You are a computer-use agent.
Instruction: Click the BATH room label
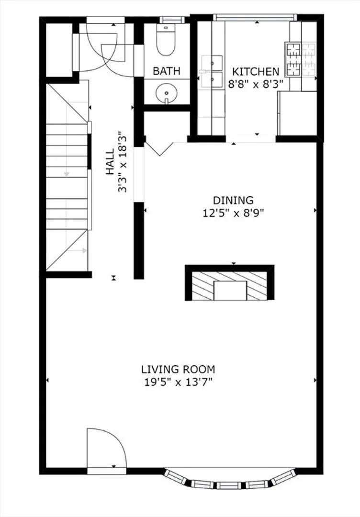[x=167, y=71]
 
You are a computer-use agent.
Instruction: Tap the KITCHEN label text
[x=256, y=71]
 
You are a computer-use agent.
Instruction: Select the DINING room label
[x=233, y=200]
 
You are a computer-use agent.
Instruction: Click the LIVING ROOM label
[x=179, y=369]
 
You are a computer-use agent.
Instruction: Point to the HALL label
[x=110, y=162]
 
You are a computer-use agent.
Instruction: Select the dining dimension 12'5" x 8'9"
[x=233, y=213]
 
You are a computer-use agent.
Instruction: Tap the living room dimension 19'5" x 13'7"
[x=179, y=382]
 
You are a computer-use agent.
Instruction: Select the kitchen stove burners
[x=300, y=59]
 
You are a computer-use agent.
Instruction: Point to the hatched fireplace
[x=230, y=286]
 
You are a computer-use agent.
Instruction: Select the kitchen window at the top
[x=255, y=17]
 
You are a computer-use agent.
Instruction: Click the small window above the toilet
[x=170, y=20]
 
